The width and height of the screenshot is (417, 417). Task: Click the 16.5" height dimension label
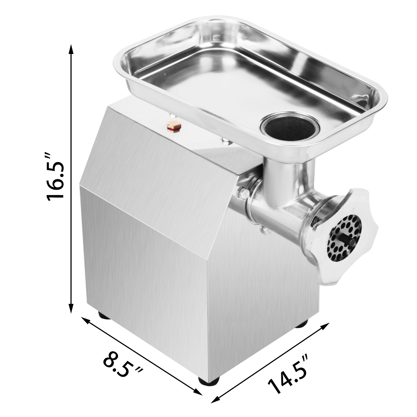tap(55, 177)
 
